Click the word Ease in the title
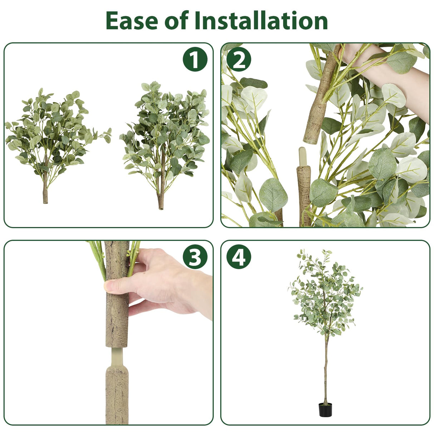pos(132,21)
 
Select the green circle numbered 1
pos(195,59)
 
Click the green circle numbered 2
pos(239,59)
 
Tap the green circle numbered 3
pos(195,257)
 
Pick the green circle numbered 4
pos(239,257)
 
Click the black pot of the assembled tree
pos(325,409)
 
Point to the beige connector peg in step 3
pos(117,356)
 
